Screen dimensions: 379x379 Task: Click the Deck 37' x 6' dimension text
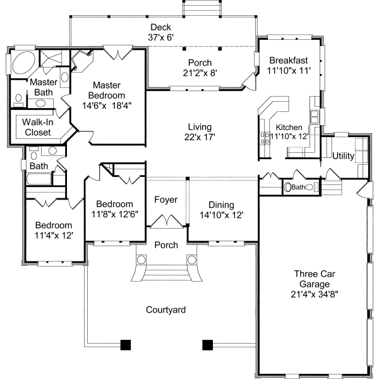(161, 37)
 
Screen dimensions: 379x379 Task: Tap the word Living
(200, 127)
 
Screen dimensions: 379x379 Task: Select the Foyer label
(165, 200)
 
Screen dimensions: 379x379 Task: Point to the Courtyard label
(165, 310)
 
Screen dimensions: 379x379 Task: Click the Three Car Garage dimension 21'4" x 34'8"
(315, 294)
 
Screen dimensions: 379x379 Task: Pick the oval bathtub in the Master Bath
(23, 63)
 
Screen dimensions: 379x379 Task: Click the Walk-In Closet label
(38, 128)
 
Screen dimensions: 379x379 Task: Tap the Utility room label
(343, 156)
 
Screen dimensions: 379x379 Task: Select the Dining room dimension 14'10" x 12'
(221, 215)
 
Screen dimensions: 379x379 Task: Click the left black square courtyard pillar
(126, 345)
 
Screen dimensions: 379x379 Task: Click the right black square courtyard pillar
(208, 345)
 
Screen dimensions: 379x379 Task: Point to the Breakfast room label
(289, 60)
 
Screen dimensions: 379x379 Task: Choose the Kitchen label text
(289, 128)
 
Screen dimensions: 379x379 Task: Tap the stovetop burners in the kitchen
(265, 138)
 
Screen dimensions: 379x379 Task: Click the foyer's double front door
(166, 221)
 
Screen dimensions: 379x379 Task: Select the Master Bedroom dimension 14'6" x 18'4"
(107, 105)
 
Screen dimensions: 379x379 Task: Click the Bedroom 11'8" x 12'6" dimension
(114, 214)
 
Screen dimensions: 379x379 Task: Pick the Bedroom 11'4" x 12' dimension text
(54, 236)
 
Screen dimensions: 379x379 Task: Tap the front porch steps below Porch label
(167, 273)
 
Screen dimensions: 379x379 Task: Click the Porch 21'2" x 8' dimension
(200, 73)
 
